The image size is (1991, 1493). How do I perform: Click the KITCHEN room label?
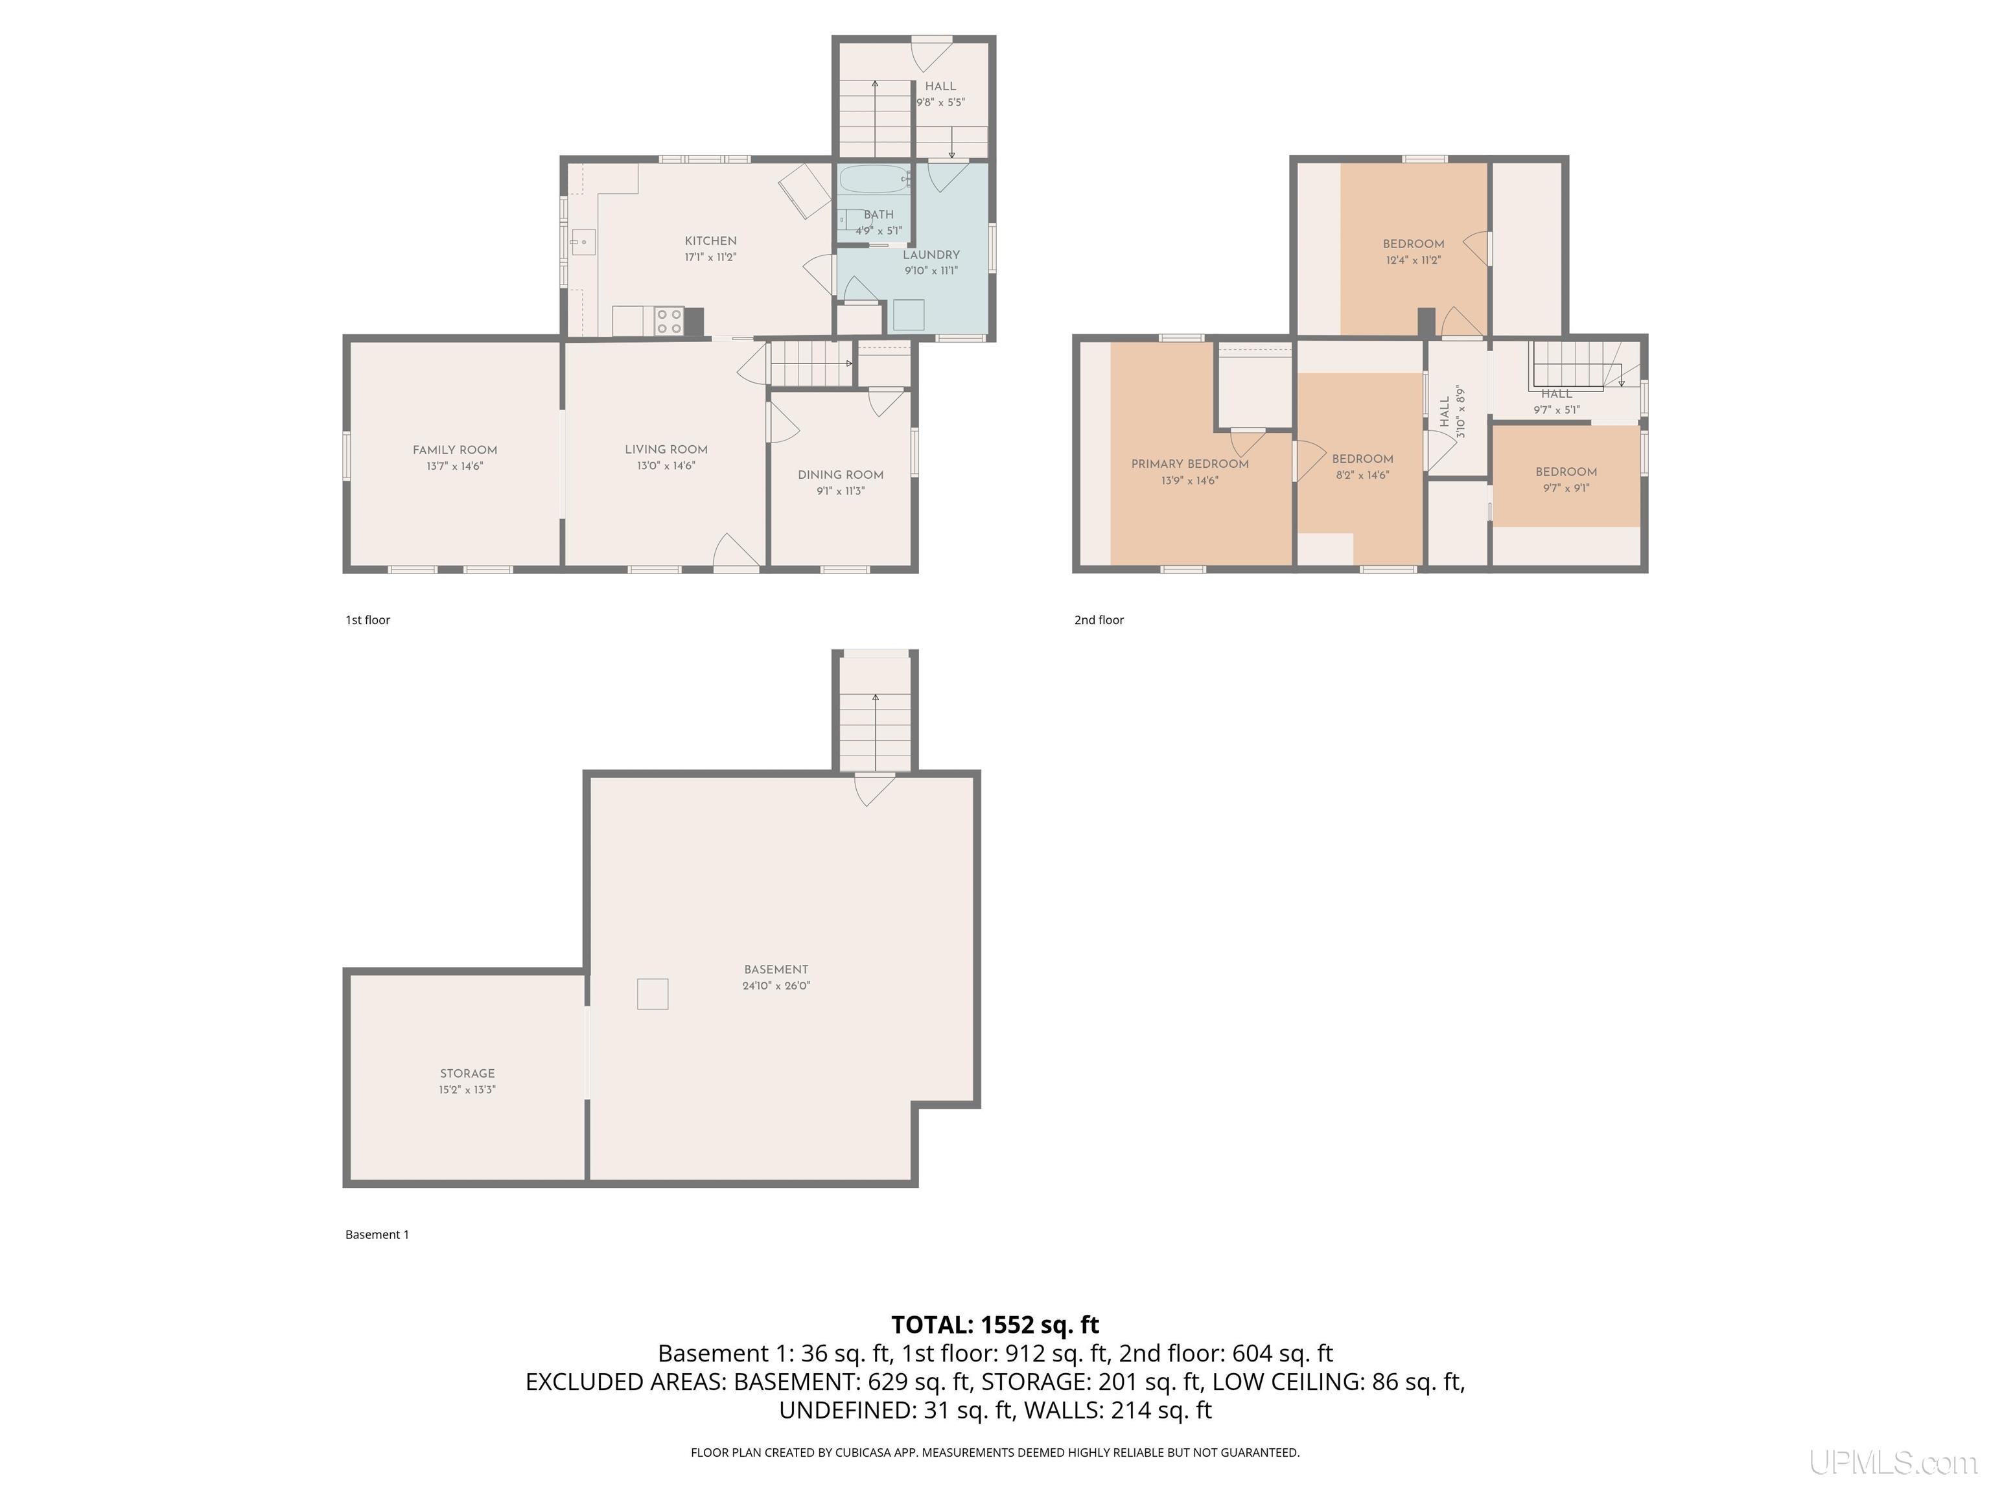pyautogui.click(x=710, y=241)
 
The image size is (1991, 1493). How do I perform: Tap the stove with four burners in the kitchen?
pyautogui.click(x=669, y=321)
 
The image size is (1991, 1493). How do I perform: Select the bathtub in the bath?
pyautogui.click(x=875, y=179)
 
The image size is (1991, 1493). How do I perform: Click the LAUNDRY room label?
pyautogui.click(x=931, y=255)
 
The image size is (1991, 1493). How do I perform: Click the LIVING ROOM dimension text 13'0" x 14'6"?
pyautogui.click(x=666, y=466)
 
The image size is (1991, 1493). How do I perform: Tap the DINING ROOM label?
pyautogui.click(x=841, y=475)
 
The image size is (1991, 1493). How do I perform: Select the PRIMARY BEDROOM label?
pyautogui.click(x=1190, y=465)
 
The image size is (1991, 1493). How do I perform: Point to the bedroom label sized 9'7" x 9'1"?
pyautogui.click(x=1566, y=472)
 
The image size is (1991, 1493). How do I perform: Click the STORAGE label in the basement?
pyautogui.click(x=467, y=1074)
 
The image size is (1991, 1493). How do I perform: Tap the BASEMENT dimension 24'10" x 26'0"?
pyautogui.click(x=776, y=986)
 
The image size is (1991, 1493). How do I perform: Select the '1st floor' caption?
pyautogui.click(x=367, y=620)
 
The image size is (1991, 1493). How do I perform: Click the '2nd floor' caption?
pyautogui.click(x=1099, y=620)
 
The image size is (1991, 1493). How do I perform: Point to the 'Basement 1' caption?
pyautogui.click(x=377, y=1234)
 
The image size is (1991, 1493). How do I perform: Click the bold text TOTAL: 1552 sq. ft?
pyautogui.click(x=995, y=1325)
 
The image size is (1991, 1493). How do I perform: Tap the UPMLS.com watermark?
pyautogui.click(x=1893, y=1463)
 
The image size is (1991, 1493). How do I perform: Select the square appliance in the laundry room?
pyautogui.click(x=908, y=315)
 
